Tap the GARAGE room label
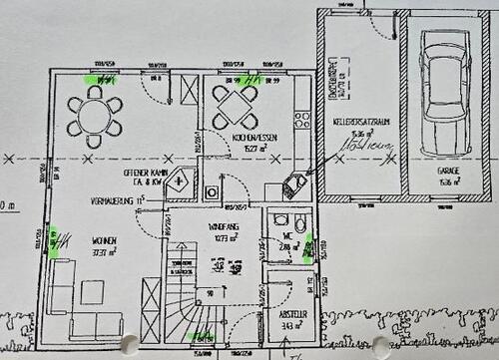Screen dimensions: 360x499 point(447,176)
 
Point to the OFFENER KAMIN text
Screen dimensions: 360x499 point(142,173)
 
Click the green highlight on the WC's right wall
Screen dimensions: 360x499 point(308,247)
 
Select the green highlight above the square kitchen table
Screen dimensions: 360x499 point(245,78)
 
